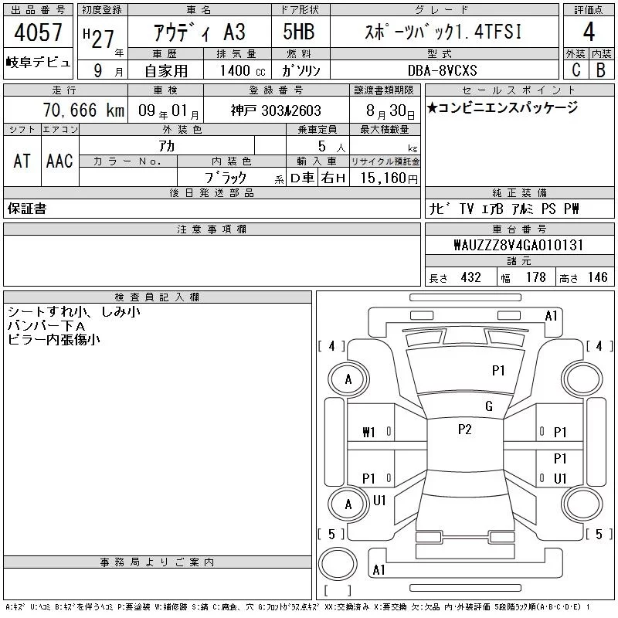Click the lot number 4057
coord(38,32)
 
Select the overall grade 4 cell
coord(589,32)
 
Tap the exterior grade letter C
coord(576,70)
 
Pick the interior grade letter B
coord(601,70)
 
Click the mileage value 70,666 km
coord(83,110)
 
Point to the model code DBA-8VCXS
coord(442,70)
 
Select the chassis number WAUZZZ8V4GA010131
coord(518,245)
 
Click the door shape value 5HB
coord(299,32)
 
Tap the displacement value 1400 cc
coord(243,71)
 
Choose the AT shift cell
coord(22,161)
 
